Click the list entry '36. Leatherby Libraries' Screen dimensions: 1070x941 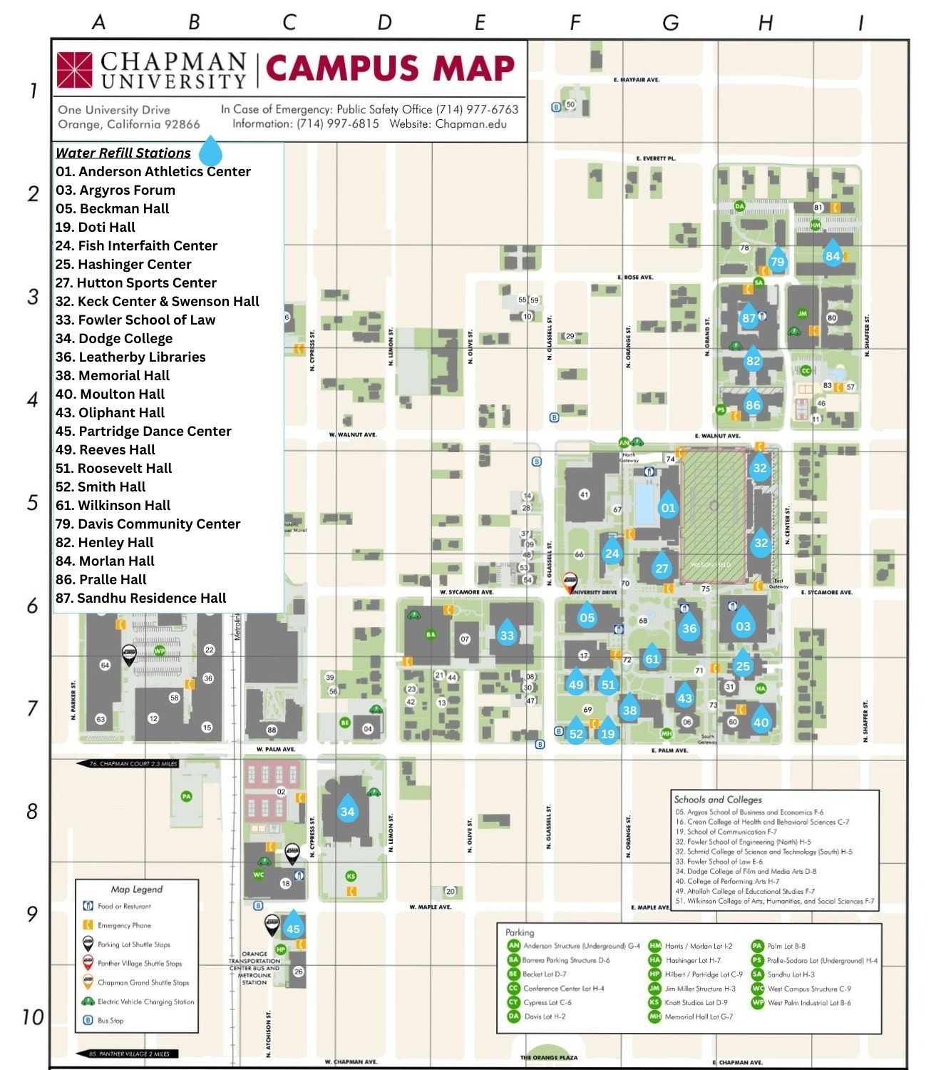tap(130, 357)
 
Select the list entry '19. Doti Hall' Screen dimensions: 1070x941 tap(96, 227)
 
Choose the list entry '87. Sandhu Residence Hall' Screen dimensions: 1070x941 tap(140, 598)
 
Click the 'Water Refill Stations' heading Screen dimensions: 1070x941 tap(123, 153)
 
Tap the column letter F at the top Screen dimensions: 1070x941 tap(575, 23)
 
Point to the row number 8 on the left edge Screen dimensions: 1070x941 tap(32, 811)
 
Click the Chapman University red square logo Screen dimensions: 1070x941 tap(75, 69)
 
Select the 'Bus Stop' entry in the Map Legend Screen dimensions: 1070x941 tap(110, 1020)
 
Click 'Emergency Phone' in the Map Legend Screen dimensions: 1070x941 tap(124, 925)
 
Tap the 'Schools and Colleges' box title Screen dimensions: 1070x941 tap(718, 800)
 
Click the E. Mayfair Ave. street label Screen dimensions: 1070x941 tap(637, 80)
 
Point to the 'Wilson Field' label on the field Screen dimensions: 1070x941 tap(711, 564)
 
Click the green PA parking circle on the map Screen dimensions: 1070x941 tap(186, 796)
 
